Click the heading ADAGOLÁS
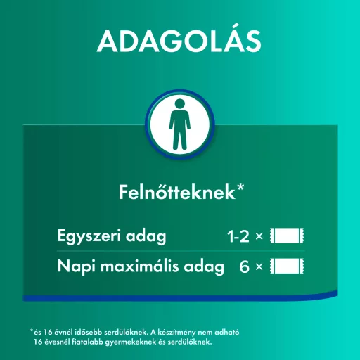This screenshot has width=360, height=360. coord(179,41)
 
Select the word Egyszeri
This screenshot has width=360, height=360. coord(86,237)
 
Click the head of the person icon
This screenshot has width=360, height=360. coord(180,104)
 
